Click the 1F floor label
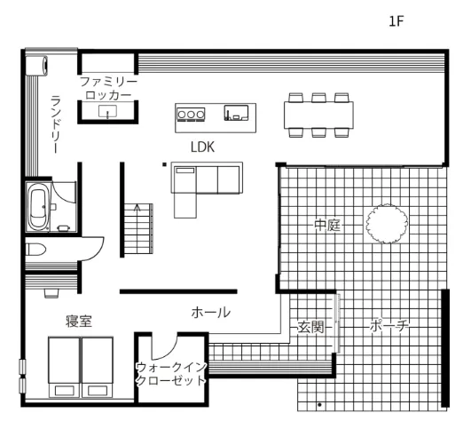(x=396, y=21)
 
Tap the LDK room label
(x=203, y=147)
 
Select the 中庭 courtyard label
(x=327, y=225)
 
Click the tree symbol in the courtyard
(x=387, y=223)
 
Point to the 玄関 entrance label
(x=310, y=327)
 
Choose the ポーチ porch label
(x=389, y=326)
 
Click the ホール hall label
(x=211, y=313)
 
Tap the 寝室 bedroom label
(x=79, y=322)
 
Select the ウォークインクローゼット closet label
(x=171, y=374)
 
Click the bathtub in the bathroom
(x=38, y=207)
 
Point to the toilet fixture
(x=35, y=250)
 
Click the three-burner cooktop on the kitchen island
(x=191, y=115)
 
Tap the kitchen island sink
(x=237, y=113)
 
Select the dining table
(x=318, y=115)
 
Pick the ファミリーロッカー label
(x=108, y=88)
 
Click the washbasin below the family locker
(x=107, y=111)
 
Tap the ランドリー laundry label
(x=56, y=124)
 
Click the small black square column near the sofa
(x=164, y=164)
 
